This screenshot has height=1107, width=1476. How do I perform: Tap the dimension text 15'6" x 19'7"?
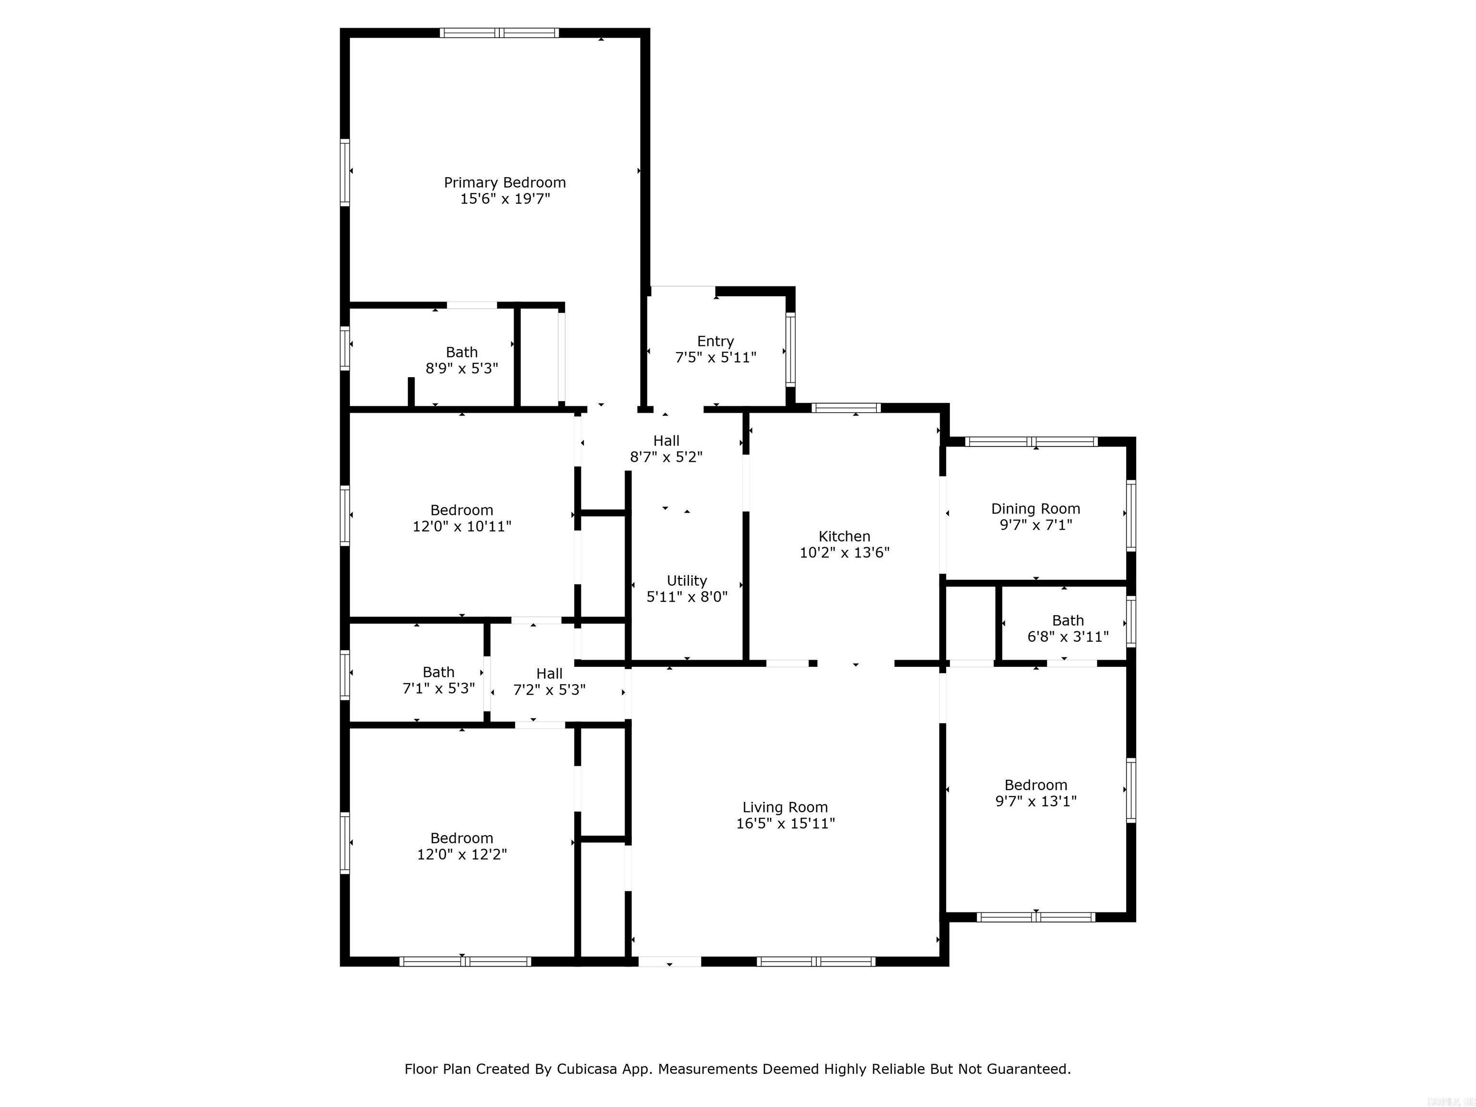(x=504, y=199)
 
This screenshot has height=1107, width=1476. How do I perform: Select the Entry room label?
(x=715, y=341)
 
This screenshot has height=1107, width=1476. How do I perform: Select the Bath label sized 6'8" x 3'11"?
(x=1068, y=621)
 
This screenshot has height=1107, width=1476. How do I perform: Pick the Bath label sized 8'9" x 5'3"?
(x=462, y=352)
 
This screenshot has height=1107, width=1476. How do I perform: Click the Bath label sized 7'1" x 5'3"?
(x=438, y=672)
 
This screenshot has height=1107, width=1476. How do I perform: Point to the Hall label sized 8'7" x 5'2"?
(x=666, y=441)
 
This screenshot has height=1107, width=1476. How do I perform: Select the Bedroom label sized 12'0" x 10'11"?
(x=462, y=510)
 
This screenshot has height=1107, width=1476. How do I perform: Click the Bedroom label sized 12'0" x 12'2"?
(x=462, y=838)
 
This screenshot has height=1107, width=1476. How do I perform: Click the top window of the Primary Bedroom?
(x=499, y=33)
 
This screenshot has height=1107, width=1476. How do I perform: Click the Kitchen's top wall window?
(x=846, y=408)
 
